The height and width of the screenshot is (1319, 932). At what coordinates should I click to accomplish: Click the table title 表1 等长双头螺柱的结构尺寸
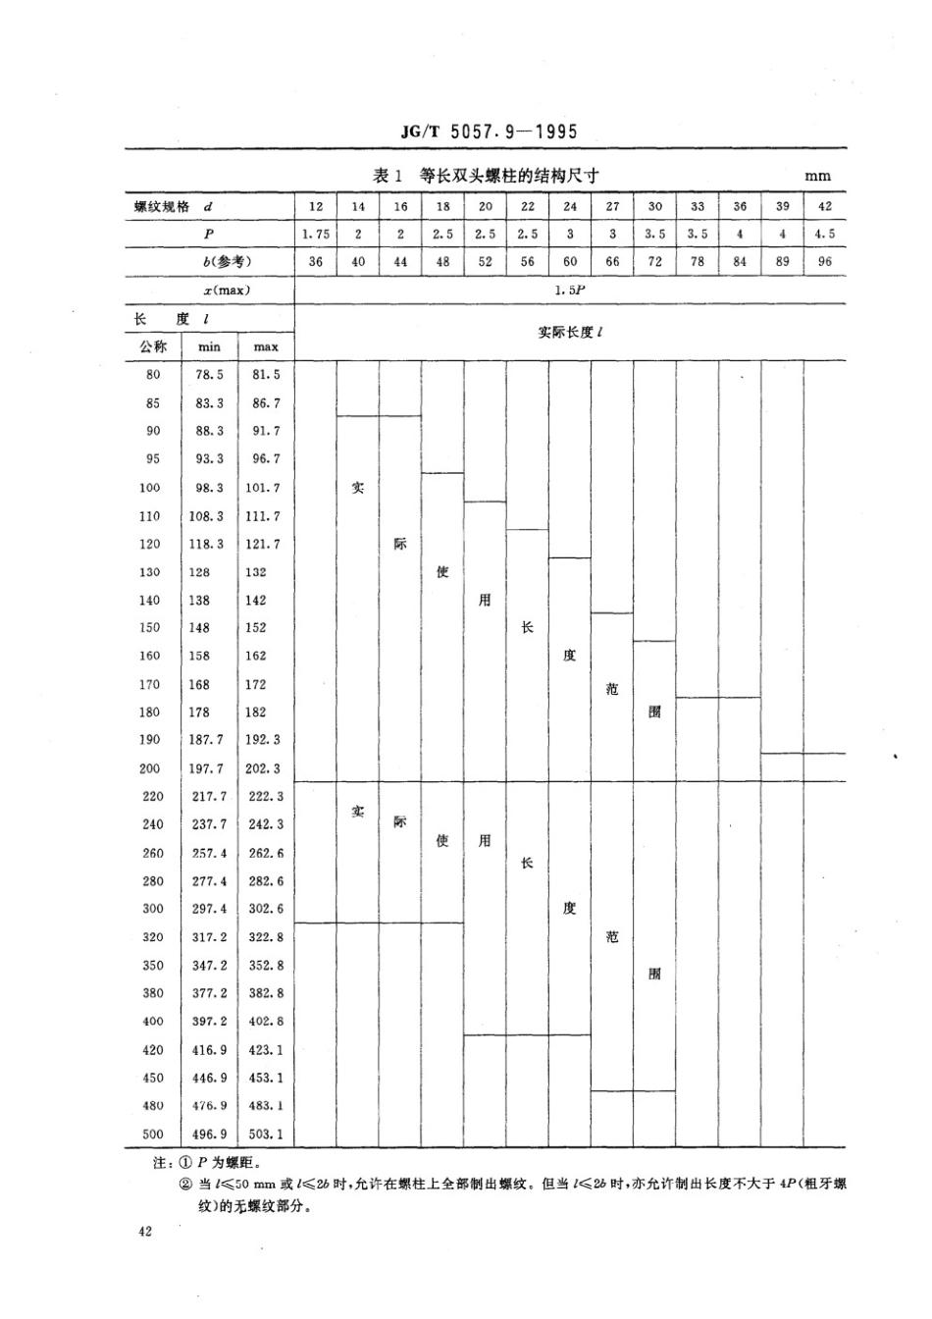[x=486, y=176]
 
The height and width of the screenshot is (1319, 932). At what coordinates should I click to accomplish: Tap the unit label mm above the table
[x=817, y=177]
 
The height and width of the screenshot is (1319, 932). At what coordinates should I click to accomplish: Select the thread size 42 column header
[x=825, y=207]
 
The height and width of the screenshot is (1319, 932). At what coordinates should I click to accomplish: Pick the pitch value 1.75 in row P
[x=316, y=235]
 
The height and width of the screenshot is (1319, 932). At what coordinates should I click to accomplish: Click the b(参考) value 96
[x=825, y=262]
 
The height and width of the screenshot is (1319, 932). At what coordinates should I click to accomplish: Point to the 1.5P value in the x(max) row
[x=569, y=290]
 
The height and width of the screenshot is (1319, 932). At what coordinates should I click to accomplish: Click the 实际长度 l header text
[x=569, y=333]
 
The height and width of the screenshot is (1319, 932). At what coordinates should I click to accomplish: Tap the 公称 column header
[x=153, y=346]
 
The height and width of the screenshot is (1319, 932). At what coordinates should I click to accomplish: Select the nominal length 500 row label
[x=153, y=1134]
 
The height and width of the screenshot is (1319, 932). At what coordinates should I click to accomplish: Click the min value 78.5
[x=209, y=375]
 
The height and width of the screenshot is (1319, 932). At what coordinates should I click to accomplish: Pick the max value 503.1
[x=266, y=1134]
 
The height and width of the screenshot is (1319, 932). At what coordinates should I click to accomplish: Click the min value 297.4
[x=209, y=909]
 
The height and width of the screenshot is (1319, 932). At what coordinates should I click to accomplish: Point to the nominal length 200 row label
[x=150, y=768]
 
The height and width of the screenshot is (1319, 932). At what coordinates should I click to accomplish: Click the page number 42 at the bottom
[x=145, y=1233]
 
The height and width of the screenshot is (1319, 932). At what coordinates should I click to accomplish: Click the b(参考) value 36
[x=316, y=262]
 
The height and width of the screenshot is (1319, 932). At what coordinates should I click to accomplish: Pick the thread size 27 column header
[x=613, y=207]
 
